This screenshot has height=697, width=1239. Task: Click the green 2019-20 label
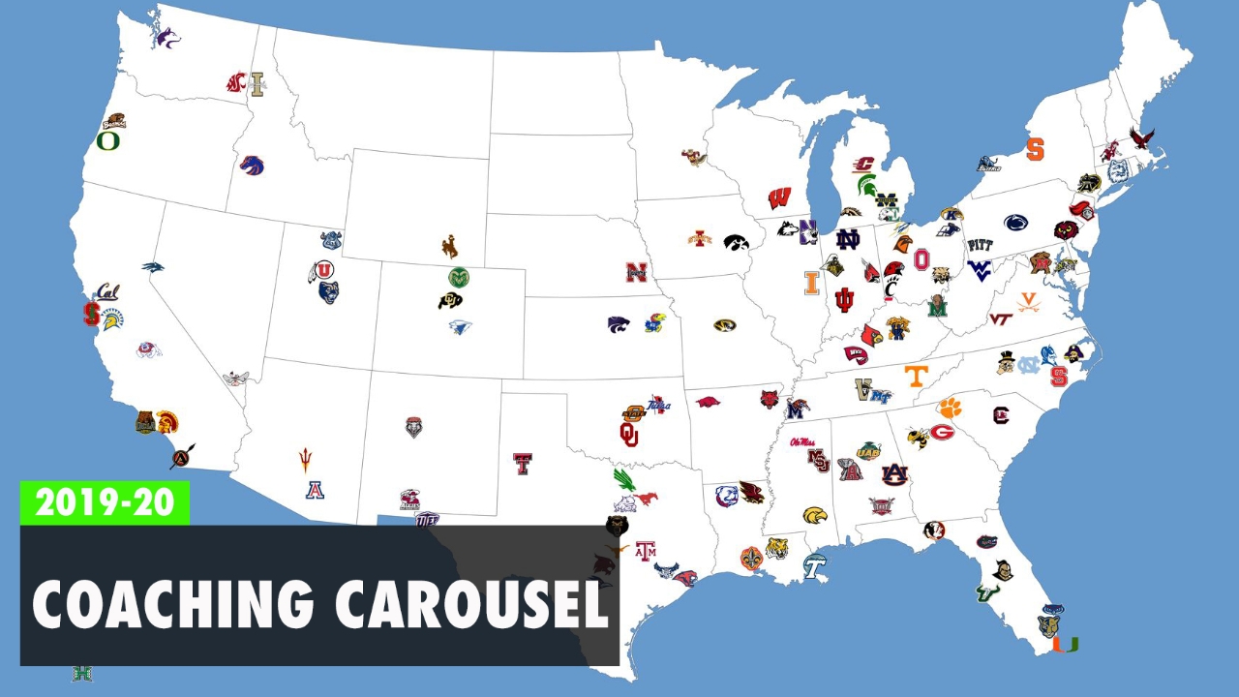tap(105, 502)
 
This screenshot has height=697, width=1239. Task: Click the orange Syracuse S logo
tap(1035, 149)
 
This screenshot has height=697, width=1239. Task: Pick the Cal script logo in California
tap(107, 291)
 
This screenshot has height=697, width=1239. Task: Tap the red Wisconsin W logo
tap(779, 198)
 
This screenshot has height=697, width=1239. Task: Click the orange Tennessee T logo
tap(916, 376)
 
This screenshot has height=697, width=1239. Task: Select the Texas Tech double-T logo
tap(523, 464)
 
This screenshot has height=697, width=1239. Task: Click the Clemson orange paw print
tap(949, 408)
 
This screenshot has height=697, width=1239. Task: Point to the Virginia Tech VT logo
tap(1000, 318)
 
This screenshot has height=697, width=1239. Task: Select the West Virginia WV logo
tap(980, 268)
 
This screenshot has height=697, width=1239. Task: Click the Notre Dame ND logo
tap(848, 239)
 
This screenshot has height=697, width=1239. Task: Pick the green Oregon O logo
tap(107, 141)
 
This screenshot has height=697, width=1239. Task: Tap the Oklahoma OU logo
tap(630, 434)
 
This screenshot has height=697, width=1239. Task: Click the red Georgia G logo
tap(942, 432)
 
